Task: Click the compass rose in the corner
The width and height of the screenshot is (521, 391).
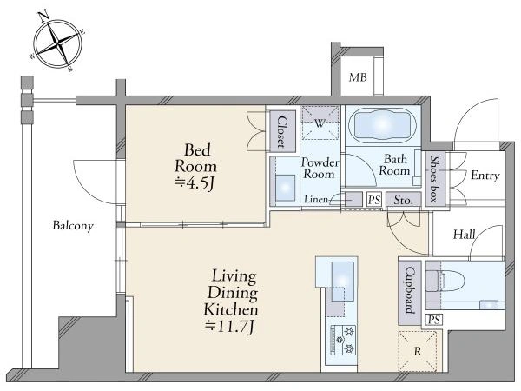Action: (x=58, y=43)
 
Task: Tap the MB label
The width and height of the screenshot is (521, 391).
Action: (x=358, y=77)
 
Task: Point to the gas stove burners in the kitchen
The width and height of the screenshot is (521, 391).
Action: (x=342, y=340)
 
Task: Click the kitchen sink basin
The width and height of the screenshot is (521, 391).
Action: (x=343, y=281)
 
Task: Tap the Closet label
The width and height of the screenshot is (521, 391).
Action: (x=282, y=132)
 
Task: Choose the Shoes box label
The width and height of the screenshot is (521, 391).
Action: (x=434, y=179)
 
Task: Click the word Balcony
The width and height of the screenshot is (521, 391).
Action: (x=73, y=225)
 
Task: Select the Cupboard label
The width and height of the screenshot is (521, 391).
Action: (x=410, y=290)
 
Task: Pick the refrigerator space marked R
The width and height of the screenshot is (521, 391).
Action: (x=418, y=351)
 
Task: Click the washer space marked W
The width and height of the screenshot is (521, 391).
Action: (x=320, y=123)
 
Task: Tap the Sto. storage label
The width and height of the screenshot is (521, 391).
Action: (x=404, y=200)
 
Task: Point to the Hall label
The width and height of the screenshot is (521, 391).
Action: (x=465, y=235)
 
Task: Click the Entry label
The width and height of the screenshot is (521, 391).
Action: (x=485, y=176)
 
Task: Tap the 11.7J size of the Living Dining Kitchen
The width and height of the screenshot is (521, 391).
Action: (x=229, y=326)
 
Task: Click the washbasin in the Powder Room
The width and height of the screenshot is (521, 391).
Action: (x=285, y=189)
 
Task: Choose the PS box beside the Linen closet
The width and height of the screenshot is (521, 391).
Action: (x=374, y=200)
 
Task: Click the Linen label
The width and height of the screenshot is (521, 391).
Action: (x=316, y=200)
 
